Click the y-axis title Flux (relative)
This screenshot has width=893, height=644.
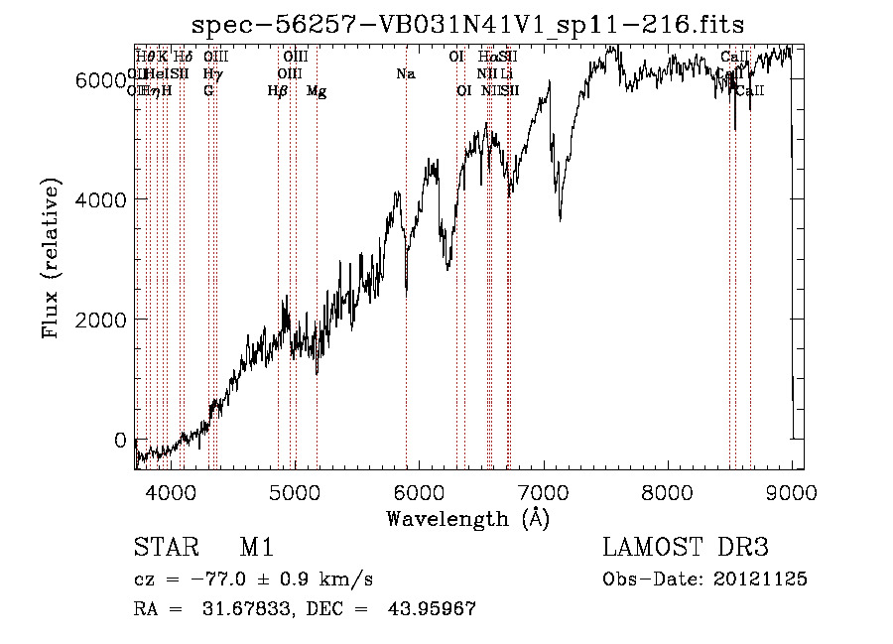pyautogui.click(x=51, y=259)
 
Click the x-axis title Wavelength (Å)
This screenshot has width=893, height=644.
pyautogui.click(x=467, y=517)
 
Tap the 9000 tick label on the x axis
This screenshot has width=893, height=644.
pyautogui.click(x=791, y=491)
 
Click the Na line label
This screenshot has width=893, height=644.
pyautogui.click(x=405, y=74)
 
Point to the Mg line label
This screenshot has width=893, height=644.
pyautogui.click(x=316, y=91)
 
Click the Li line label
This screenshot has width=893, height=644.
pyautogui.click(x=506, y=74)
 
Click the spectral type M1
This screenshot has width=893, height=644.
pyautogui.click(x=256, y=548)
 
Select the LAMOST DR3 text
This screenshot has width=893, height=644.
pyautogui.click(x=685, y=548)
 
